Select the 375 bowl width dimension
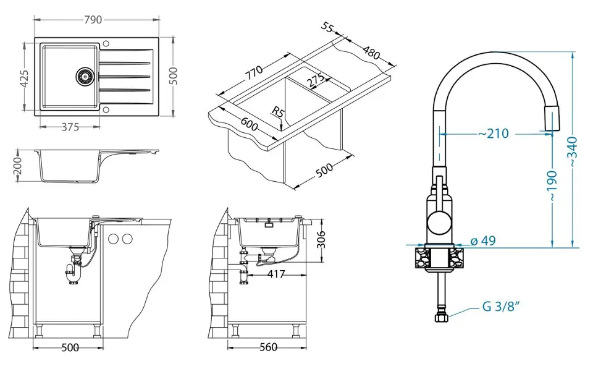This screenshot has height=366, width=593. [70, 127]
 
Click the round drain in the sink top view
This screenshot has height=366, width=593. [84, 76]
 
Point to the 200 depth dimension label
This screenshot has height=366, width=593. [18, 165]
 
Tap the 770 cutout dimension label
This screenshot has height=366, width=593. [253, 72]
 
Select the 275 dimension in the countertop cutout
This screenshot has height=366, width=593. [315, 80]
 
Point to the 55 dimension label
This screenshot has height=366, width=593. [328, 28]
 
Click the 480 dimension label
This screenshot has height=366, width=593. [371, 53]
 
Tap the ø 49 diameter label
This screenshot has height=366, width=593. [484, 241]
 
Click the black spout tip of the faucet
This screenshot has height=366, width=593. [550, 117]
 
